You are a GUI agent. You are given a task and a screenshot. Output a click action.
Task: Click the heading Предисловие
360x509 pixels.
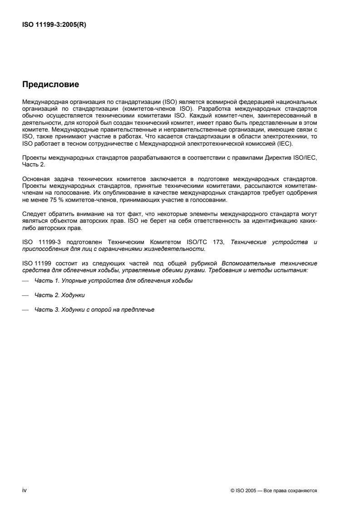coord(51,84)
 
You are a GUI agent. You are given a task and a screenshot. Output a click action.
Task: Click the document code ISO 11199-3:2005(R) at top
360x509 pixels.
coord(54,25)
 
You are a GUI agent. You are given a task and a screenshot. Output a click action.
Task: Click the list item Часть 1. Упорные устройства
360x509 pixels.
coord(113,281)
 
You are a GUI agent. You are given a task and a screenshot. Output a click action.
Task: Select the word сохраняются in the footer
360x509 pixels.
coord(303,491)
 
